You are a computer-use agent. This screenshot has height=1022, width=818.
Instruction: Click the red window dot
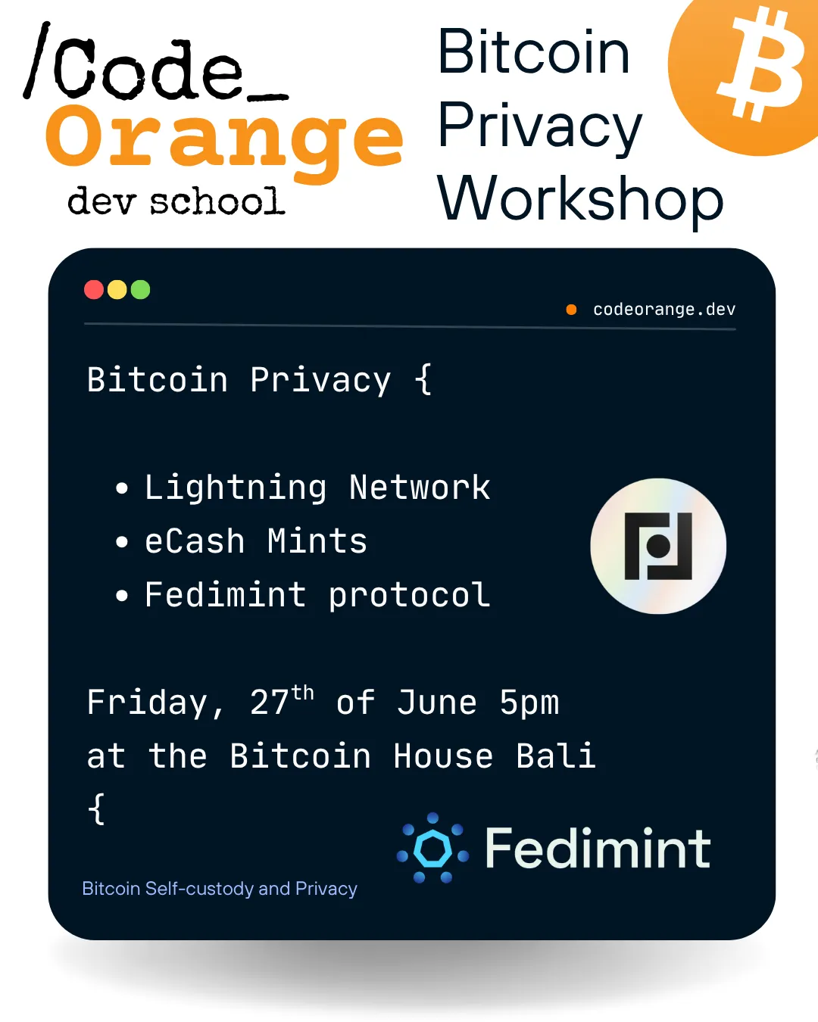pos(94,290)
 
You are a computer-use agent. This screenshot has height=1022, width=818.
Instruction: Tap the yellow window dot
pos(117,290)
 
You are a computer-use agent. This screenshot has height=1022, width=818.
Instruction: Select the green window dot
pos(141,290)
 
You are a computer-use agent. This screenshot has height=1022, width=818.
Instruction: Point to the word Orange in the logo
pos(224,138)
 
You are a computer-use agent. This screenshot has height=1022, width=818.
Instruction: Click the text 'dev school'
pos(176,201)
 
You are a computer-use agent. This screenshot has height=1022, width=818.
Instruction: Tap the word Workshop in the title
pos(580,198)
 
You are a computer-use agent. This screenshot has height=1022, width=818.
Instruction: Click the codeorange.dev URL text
pos(664,309)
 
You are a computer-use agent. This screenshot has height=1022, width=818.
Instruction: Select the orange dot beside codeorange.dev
pos(572,309)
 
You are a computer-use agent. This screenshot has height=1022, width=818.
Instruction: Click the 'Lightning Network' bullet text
pos(317,488)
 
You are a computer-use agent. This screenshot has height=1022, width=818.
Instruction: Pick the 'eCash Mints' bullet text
pos(256,541)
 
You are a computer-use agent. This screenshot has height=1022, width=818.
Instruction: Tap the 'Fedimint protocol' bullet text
pos(317,595)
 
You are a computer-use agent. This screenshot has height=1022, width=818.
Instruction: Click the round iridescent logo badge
pos(658,546)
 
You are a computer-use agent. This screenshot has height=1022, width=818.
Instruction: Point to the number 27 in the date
pos(270,703)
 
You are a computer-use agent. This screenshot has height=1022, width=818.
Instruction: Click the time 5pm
pos(529,703)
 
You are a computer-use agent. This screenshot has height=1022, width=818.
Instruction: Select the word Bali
pos(556,756)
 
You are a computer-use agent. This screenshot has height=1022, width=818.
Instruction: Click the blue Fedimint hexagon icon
pos(433,849)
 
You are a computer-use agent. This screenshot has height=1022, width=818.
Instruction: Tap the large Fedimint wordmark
pos(598,849)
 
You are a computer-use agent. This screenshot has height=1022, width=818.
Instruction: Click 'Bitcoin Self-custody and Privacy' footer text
pos(220,888)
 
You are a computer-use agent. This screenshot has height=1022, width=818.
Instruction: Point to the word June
pos(437,703)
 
